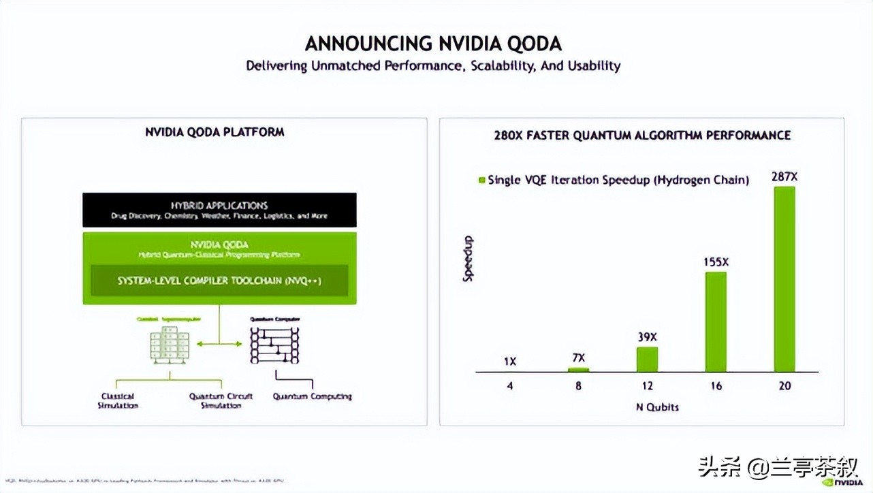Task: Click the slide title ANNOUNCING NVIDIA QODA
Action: pyautogui.click(x=433, y=44)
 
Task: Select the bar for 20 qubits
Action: pyautogui.click(x=784, y=279)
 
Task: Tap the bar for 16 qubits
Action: pyautogui.click(x=715, y=321)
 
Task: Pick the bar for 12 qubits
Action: pyautogui.click(x=647, y=359)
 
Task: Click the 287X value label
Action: pyautogui.click(x=784, y=177)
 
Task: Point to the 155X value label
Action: pyautogui.click(x=715, y=262)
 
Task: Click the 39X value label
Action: pyautogui.click(x=647, y=337)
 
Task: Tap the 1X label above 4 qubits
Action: pyautogui.click(x=509, y=362)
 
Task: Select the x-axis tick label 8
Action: pyautogui.click(x=578, y=386)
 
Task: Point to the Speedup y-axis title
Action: pyautogui.click(x=468, y=259)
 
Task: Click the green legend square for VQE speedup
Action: pyautogui.click(x=482, y=180)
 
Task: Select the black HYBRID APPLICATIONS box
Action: pyautogui.click(x=219, y=210)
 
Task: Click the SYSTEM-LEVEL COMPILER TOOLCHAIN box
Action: pyautogui.click(x=219, y=281)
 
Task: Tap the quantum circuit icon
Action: pyautogui.click(x=274, y=345)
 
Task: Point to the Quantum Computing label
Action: pyautogui.click(x=312, y=396)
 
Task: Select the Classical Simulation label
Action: pyautogui.click(x=118, y=400)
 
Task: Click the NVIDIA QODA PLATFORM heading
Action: pyautogui.click(x=215, y=132)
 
